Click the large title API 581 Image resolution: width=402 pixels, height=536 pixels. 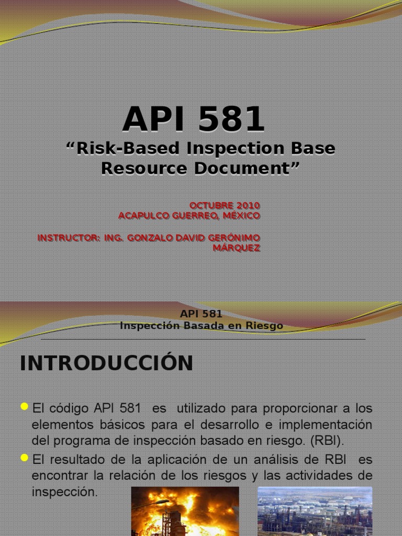click(194, 119)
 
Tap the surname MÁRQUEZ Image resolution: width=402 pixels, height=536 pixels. click(236, 248)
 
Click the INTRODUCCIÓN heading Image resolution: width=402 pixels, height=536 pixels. click(106, 363)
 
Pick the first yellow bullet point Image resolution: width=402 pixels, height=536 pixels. click(24, 406)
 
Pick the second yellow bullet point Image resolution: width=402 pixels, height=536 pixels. click(24, 458)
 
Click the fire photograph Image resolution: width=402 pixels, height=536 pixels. click(185, 511)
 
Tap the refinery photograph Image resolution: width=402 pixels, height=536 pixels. click(315, 511)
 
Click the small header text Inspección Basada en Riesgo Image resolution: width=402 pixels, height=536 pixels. click(201, 326)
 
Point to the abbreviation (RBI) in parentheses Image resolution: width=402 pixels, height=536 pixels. click(327, 440)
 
